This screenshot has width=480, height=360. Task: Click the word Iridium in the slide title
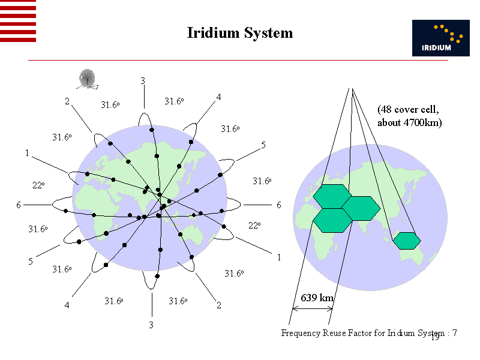(213, 32)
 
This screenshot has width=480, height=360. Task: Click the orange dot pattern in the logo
(449, 34)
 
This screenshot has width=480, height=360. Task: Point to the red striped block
(18, 21)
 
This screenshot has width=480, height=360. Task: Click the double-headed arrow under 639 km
(311, 308)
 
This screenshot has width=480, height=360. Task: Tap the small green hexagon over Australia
(407, 241)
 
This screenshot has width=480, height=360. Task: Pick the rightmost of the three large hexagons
(361, 208)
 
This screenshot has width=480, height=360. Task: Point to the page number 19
(436, 338)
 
